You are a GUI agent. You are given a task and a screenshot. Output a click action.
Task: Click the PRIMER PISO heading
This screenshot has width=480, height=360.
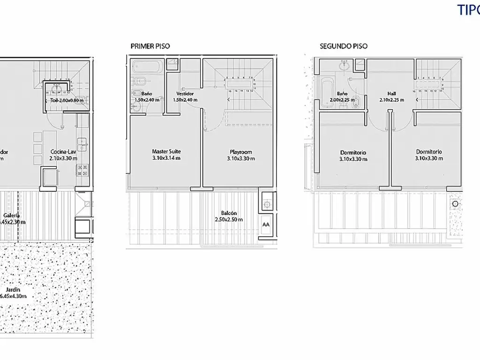tap(150, 46)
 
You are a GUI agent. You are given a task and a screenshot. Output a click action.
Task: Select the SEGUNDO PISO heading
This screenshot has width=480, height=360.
tap(343, 46)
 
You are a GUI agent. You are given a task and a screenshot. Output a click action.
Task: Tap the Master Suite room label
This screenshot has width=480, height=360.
tap(166, 151)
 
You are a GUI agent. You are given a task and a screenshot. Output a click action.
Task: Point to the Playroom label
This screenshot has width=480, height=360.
tap(241, 151)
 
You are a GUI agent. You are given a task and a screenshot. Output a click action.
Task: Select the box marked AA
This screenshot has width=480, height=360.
tap(266, 225)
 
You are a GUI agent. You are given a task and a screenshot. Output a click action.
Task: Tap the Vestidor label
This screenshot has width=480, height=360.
tap(185, 93)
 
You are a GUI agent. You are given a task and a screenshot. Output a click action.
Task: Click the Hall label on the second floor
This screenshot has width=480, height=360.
tap(392, 93)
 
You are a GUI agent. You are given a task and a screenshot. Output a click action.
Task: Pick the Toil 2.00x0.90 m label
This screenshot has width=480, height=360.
tap(67, 100)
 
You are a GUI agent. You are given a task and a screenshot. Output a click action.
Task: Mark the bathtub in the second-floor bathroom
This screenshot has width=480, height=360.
tap(326, 92)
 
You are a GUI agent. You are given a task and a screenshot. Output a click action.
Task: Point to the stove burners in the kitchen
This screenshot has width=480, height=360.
tap(82, 170)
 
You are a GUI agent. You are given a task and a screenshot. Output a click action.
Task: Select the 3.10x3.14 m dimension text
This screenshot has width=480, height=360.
tap(166, 158)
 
